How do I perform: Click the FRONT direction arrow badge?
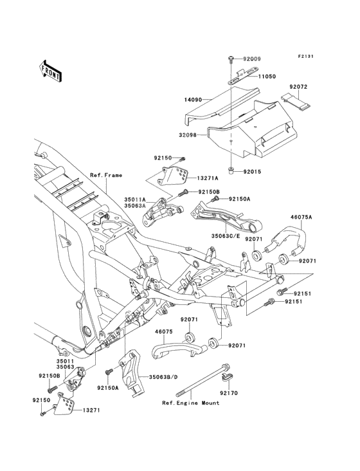click(x=51, y=71)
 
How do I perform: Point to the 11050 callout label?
click(x=267, y=76)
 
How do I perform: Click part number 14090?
click(x=194, y=100)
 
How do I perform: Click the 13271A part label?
click(x=208, y=178)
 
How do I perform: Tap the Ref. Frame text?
click(x=105, y=175)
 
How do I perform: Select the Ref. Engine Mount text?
click(x=191, y=403)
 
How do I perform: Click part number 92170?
click(x=228, y=392)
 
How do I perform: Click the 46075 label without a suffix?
click(x=164, y=333)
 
